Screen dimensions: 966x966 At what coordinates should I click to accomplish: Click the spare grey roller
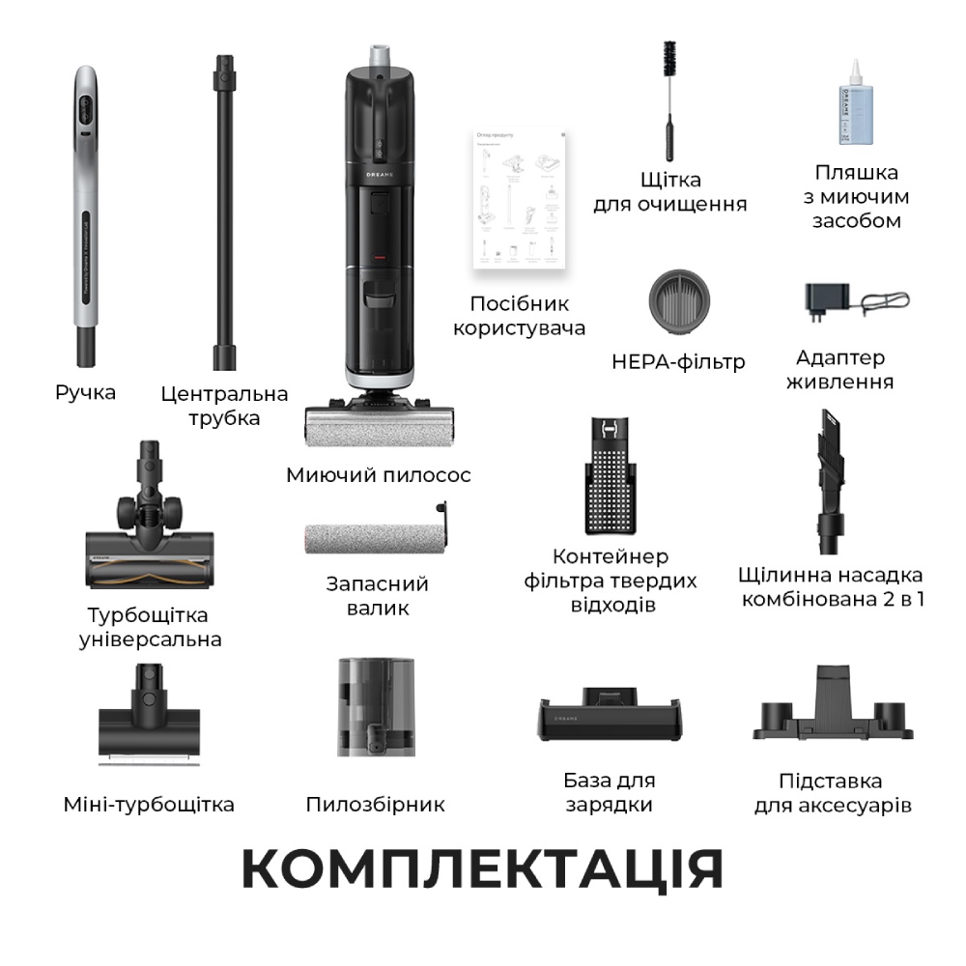pyautogui.click(x=373, y=536)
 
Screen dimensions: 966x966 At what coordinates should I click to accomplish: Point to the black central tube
pyautogui.click(x=226, y=213)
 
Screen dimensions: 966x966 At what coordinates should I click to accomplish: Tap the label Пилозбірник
pyautogui.click(x=375, y=805)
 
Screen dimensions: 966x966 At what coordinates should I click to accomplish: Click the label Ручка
pyautogui.click(x=85, y=393)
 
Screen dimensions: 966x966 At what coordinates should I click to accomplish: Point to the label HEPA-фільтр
pyautogui.click(x=678, y=362)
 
